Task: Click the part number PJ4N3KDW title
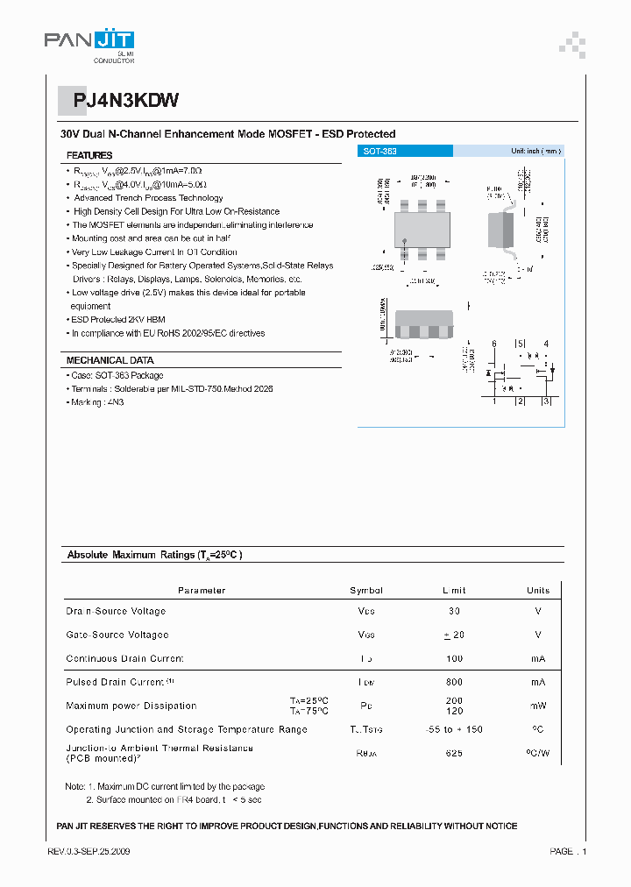point(126,100)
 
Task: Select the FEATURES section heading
point(89,155)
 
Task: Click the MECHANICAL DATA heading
point(110,360)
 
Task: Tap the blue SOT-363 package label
point(380,152)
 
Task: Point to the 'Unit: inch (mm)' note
point(535,152)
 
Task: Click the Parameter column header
point(202,591)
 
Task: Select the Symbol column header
point(366,591)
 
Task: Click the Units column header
point(538,591)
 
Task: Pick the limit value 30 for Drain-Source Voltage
point(454,611)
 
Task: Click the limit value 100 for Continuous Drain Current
point(454,658)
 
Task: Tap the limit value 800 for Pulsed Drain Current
point(454,682)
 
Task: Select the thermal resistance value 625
point(454,754)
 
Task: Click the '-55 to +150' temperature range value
point(454,729)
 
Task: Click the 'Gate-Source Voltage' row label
point(117,635)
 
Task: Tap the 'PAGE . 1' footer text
point(568,851)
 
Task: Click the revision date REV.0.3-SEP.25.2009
point(89,851)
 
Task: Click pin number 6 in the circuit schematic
point(494,344)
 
